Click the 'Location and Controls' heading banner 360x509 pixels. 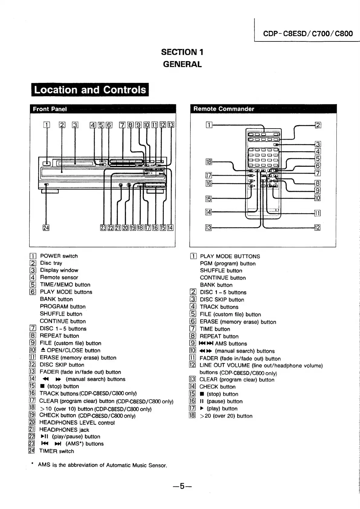pyautogui.click(x=90, y=90)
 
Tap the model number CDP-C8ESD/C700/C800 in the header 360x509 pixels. pyautogui.click(x=308, y=33)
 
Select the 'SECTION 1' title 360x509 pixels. pyautogui.click(x=182, y=52)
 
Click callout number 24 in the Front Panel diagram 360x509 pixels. pyautogui.click(x=46, y=228)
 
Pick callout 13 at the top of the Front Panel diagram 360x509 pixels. pyautogui.click(x=171, y=125)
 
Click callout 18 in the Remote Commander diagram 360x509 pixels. pyautogui.click(x=209, y=162)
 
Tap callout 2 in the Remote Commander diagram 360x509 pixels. pyautogui.click(x=318, y=125)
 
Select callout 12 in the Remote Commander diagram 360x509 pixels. pyautogui.click(x=317, y=227)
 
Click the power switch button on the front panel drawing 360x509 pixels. pyautogui.click(x=47, y=164)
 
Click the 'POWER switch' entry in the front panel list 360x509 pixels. pyautogui.click(x=59, y=256)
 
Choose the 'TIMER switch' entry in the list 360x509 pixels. pyautogui.click(x=57, y=451)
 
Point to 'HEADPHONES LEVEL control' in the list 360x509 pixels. pyautogui.click(x=77, y=423)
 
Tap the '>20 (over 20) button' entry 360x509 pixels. pyautogui.click(x=226, y=416)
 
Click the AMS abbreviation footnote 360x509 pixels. pyautogui.click(x=102, y=465)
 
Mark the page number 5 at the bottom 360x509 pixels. pyautogui.click(x=182, y=486)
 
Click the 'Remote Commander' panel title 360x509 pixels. pyautogui.click(x=224, y=109)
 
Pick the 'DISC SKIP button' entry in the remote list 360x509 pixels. pyautogui.click(x=222, y=300)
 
